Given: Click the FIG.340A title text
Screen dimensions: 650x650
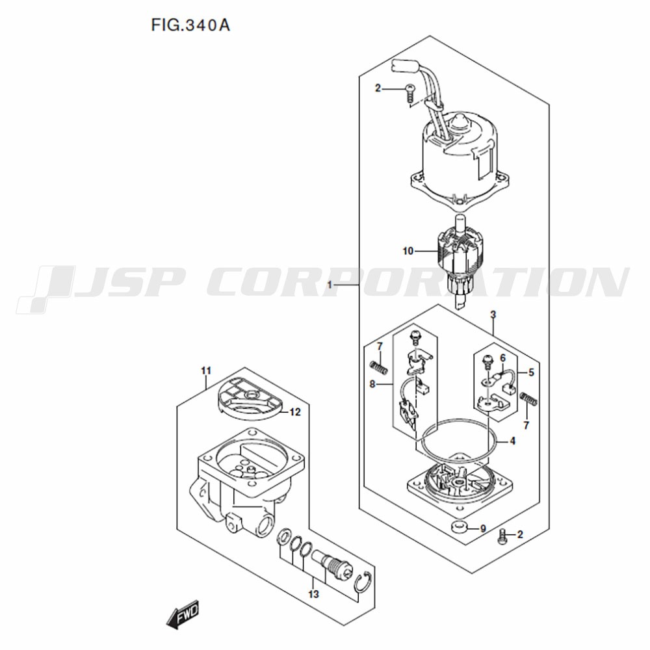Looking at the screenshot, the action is (x=190, y=26).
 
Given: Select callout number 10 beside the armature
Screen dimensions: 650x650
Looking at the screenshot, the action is (x=408, y=251).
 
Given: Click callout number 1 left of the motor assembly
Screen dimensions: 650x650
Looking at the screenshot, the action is (x=330, y=285).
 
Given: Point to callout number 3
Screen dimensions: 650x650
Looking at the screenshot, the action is (x=493, y=315).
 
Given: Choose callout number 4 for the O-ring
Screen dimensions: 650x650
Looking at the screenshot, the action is (x=513, y=441).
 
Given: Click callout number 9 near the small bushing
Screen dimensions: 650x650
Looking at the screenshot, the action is (x=483, y=528).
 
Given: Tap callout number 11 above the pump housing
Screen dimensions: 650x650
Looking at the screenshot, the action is (x=206, y=370).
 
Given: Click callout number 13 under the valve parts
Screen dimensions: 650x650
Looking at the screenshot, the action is (x=314, y=594).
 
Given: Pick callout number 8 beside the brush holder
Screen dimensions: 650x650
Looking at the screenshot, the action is (x=372, y=384).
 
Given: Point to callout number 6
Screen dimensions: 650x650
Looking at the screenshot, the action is (x=503, y=357).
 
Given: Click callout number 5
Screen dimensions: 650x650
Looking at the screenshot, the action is (x=532, y=372).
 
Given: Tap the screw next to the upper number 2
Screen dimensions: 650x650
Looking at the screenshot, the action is (x=410, y=93).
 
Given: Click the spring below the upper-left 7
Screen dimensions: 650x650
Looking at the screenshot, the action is (x=379, y=367).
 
